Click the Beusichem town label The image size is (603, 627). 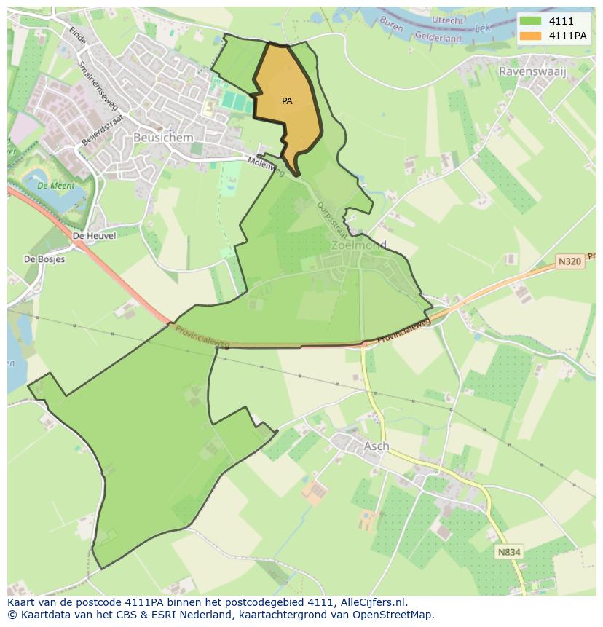pyautogui.click(x=163, y=137)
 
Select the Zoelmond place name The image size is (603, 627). pyautogui.click(x=358, y=245)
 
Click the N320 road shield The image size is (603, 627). pyautogui.click(x=570, y=261)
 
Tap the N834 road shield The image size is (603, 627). pyautogui.click(x=509, y=552)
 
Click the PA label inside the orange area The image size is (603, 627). pyautogui.click(x=287, y=101)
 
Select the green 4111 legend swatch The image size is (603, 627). pyautogui.click(x=530, y=21)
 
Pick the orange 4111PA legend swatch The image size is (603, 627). pyautogui.click(x=530, y=36)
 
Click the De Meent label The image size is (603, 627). pyautogui.click(x=52, y=186)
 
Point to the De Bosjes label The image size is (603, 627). pyautogui.click(x=44, y=259)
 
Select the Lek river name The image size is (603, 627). pyautogui.click(x=481, y=28)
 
